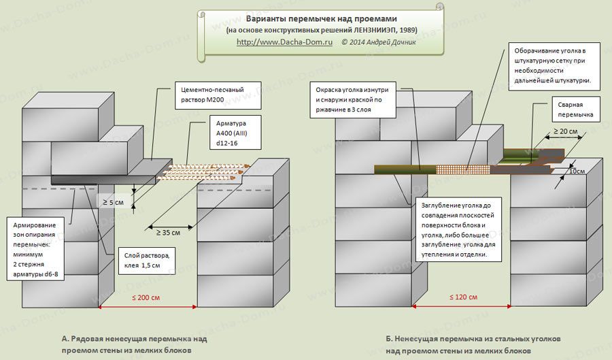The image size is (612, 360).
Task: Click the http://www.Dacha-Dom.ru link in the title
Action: click(x=284, y=42)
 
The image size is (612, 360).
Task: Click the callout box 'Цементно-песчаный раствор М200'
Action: click(x=217, y=95)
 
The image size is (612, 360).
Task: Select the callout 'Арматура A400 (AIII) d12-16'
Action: click(x=235, y=133)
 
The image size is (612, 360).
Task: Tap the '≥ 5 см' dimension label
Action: click(x=113, y=203)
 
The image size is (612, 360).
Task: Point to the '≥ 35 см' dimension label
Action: click(x=168, y=233)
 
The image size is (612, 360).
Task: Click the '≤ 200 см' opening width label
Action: click(x=146, y=297)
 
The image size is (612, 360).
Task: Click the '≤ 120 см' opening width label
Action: click(x=463, y=297)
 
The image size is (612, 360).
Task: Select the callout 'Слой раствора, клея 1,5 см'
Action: click(x=147, y=261)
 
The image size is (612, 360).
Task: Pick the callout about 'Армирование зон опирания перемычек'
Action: click(x=35, y=250)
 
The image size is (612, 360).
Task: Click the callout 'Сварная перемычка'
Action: click(x=576, y=110)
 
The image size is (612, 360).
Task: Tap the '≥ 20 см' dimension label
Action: click(x=566, y=131)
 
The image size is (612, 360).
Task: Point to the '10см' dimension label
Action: click(x=577, y=171)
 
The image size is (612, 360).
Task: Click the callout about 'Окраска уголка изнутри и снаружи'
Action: click(x=353, y=99)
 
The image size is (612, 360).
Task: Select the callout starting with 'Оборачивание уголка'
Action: click(x=555, y=66)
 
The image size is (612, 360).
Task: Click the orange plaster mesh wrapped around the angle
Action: click(x=463, y=170)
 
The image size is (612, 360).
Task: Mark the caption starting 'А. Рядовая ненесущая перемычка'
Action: click(x=134, y=344)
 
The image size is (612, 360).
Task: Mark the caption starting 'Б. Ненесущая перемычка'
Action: click(x=473, y=344)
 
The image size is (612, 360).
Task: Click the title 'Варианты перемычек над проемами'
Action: click(x=321, y=19)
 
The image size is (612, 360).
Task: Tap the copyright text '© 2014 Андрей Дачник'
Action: click(x=379, y=42)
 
